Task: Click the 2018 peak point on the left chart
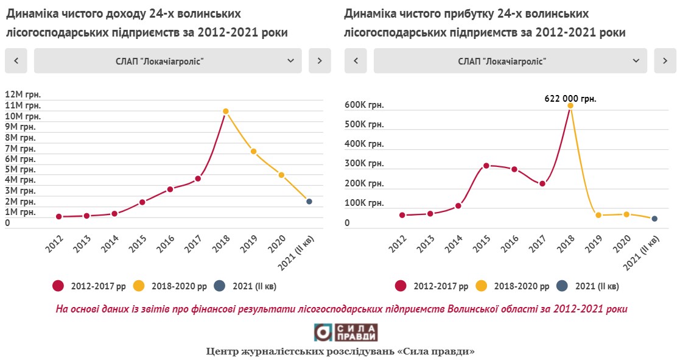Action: (x=225, y=111)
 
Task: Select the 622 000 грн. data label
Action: (x=570, y=97)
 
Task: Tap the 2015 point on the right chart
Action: (x=486, y=166)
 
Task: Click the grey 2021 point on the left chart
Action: (x=309, y=202)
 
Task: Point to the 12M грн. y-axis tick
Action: (x=23, y=94)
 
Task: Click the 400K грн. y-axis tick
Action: (x=364, y=144)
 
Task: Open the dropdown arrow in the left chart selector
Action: (x=290, y=61)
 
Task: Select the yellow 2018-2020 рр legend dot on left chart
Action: (x=139, y=286)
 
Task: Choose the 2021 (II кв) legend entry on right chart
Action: (x=590, y=286)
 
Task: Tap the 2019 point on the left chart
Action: (x=253, y=152)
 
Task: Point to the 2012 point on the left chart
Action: (x=59, y=216)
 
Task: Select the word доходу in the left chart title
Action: (x=122, y=13)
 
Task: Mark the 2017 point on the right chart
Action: (x=542, y=184)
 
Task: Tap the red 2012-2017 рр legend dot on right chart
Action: (x=401, y=286)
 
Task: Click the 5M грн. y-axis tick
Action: (x=20, y=169)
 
